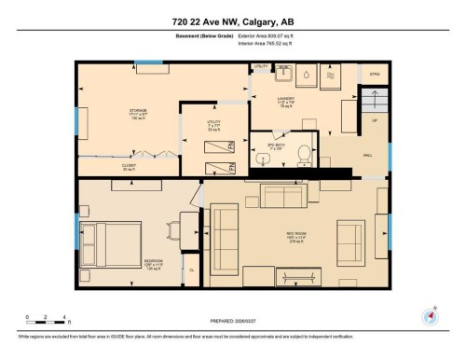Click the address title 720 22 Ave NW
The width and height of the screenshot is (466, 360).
pos(232,21)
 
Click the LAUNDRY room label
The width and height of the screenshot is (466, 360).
pos(286,102)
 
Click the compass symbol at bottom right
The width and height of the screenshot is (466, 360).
pos(430,314)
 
